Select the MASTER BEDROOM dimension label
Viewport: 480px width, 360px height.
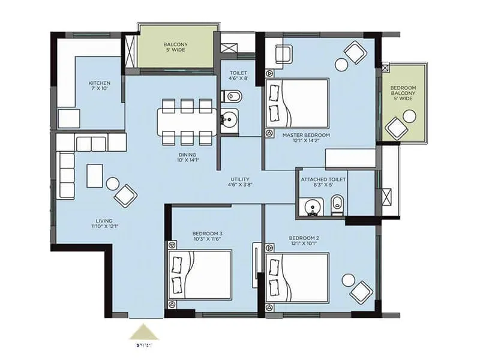[x=306, y=139]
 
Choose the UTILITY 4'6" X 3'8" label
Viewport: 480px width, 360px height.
[x=240, y=182]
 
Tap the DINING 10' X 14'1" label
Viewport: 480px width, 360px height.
[x=187, y=157]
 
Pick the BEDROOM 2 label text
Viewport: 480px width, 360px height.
[x=304, y=241]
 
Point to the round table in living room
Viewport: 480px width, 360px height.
[x=112, y=183]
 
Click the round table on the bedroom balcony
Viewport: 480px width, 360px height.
[x=410, y=117]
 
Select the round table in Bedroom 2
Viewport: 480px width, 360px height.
[x=348, y=280]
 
